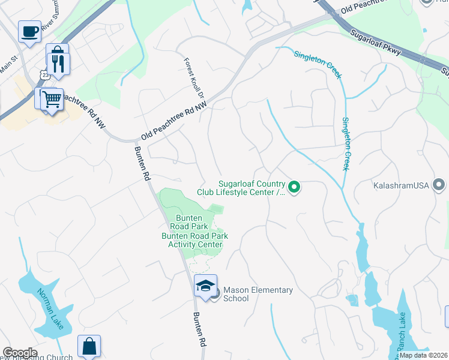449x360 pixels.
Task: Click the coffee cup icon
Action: click(29, 32)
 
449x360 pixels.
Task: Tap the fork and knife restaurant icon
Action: click(58, 64)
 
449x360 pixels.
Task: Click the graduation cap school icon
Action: click(205, 286)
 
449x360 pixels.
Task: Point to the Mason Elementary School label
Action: click(258, 294)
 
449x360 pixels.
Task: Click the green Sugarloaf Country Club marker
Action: click(294, 188)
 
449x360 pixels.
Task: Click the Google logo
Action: click(20, 353)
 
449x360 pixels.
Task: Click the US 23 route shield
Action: click(45, 73)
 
